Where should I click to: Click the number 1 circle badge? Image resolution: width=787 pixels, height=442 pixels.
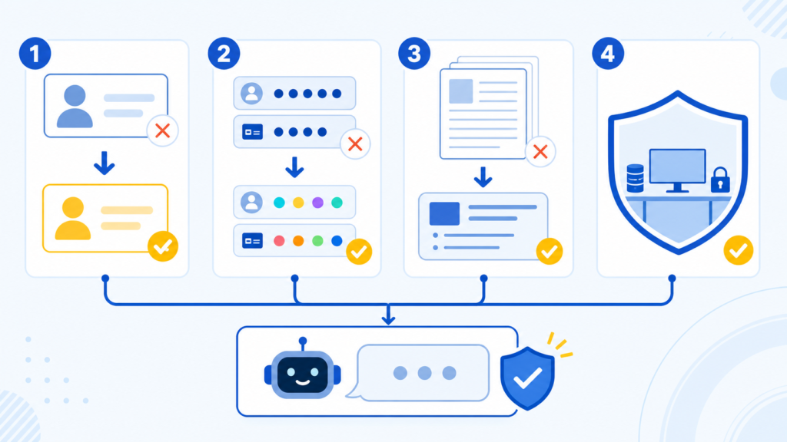(x=35, y=53)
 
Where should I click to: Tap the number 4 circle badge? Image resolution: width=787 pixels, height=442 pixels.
(x=608, y=53)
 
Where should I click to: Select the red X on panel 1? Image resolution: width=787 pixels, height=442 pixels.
(x=162, y=130)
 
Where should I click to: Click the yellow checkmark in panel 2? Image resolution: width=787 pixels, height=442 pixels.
(x=359, y=251)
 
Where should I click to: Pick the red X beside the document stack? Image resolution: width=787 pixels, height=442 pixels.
(x=540, y=151)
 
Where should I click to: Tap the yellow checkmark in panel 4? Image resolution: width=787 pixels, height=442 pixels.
(x=739, y=250)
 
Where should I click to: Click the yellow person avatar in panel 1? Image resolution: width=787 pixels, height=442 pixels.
(x=73, y=218)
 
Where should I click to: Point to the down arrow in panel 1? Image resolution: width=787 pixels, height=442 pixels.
(x=105, y=163)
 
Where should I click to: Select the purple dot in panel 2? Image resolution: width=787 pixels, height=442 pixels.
(x=317, y=203)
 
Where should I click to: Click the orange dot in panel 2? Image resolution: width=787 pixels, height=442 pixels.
(x=298, y=241)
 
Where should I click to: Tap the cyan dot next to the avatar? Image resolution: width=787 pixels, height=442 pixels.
(x=279, y=203)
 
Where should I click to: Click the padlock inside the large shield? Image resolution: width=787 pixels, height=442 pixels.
(x=720, y=180)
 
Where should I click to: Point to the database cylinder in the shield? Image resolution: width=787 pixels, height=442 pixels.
(x=635, y=178)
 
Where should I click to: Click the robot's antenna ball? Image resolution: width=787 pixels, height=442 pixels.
(x=303, y=341)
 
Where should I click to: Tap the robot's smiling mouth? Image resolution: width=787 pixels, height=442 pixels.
(x=303, y=382)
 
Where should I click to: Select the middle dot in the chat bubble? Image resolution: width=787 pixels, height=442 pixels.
(x=424, y=373)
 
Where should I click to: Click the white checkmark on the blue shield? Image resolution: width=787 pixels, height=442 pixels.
(x=527, y=378)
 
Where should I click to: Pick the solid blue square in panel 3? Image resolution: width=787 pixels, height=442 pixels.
(x=444, y=213)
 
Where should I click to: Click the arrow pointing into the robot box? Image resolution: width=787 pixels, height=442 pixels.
(x=388, y=314)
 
